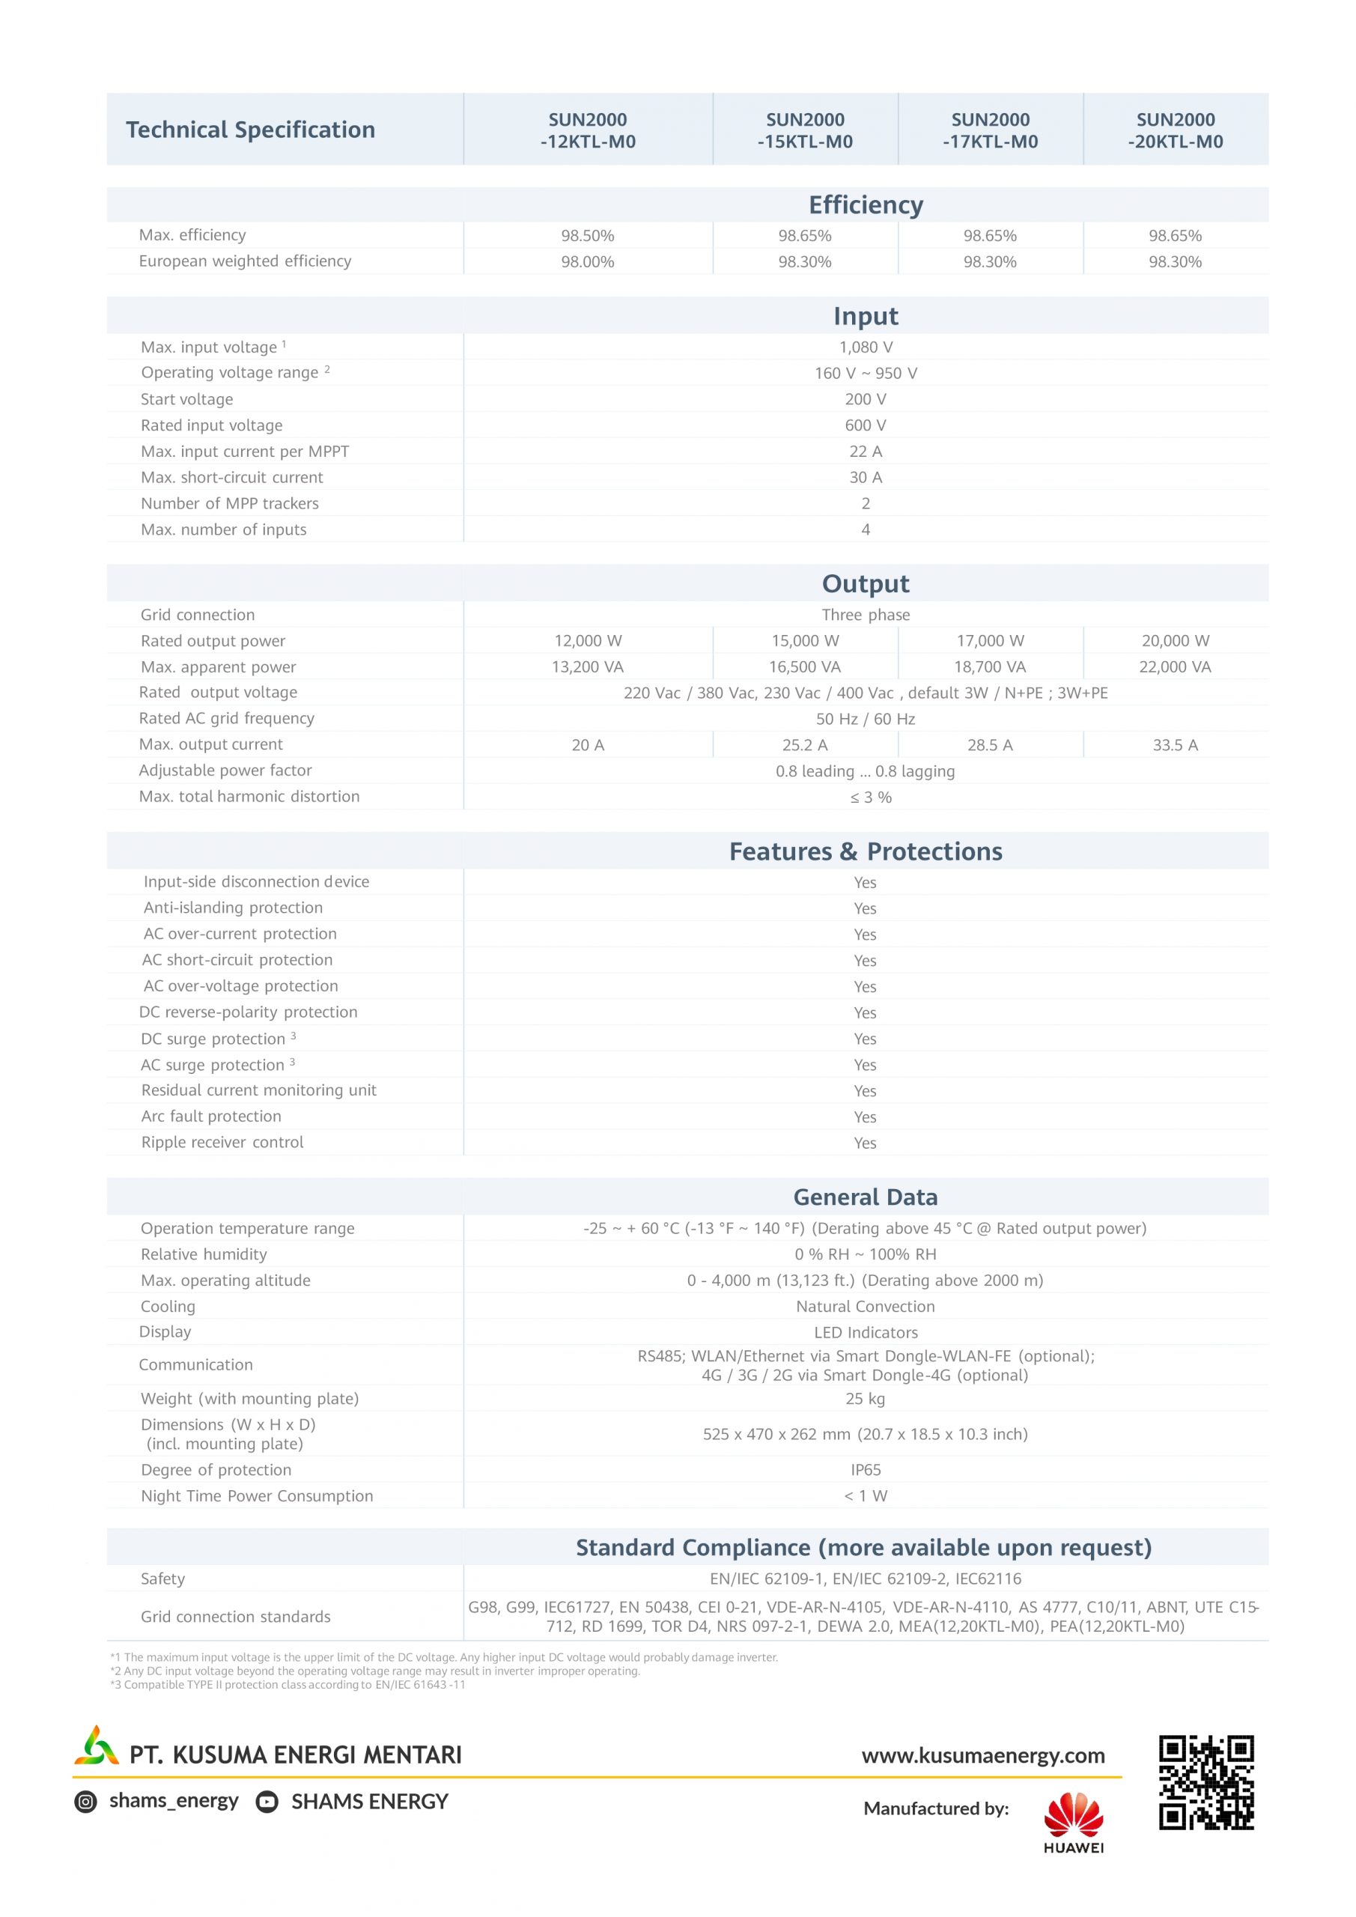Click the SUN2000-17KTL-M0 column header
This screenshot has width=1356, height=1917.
pos(991,130)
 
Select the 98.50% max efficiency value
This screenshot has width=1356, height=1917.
pos(587,235)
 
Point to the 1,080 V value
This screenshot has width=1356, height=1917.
pos(865,347)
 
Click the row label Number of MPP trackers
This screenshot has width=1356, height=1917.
pos(230,503)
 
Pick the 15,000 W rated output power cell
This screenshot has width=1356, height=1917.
pos(805,640)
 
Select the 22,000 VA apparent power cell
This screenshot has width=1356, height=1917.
pos(1174,666)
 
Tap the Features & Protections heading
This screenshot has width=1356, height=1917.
pos(865,851)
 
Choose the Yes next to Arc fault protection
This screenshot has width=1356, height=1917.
pos(865,1117)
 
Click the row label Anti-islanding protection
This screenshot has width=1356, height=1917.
pos(233,908)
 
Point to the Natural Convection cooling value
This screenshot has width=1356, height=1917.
pos(865,1307)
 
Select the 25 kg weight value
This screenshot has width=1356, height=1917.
pos(865,1399)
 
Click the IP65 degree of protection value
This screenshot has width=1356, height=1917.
pos(865,1469)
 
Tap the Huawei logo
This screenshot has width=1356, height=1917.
pos(1073,1822)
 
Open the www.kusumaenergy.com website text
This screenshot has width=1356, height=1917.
pos(983,1755)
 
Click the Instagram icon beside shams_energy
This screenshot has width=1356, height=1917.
pos(85,1802)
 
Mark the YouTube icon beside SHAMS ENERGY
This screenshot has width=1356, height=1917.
pos(267,1802)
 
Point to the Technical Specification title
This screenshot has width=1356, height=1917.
pos(251,130)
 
